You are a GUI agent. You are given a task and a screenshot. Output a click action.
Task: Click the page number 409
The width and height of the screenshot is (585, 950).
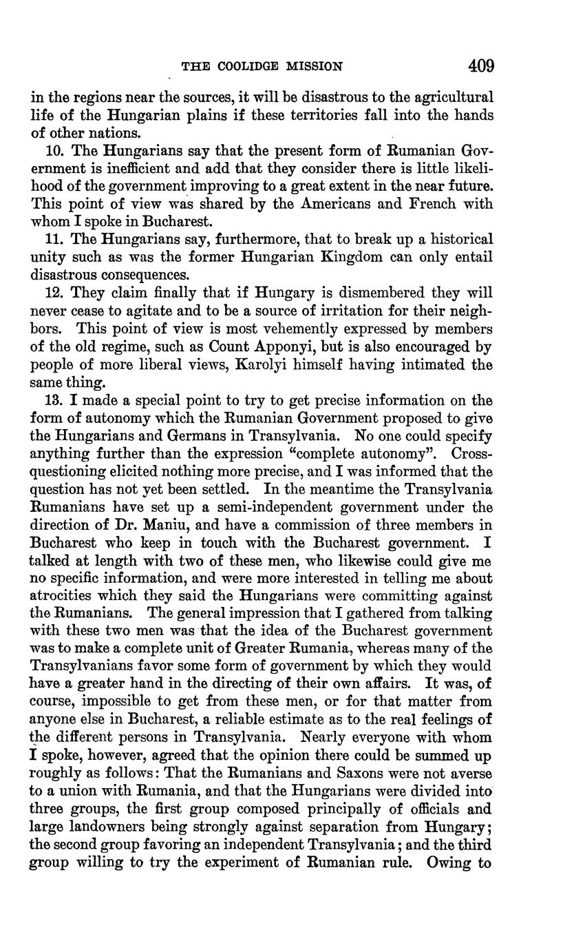[480, 66]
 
